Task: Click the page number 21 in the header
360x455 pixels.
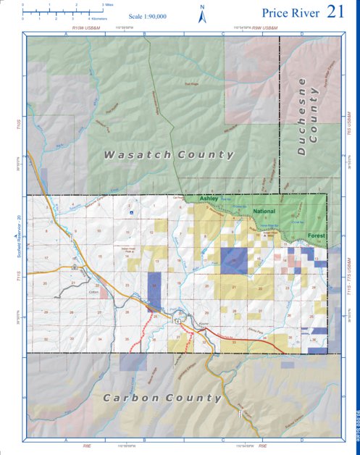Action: coord(335,12)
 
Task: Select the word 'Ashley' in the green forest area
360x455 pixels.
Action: coord(209,198)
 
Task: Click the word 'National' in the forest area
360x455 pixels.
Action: coord(266,212)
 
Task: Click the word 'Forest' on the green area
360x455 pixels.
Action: coord(316,235)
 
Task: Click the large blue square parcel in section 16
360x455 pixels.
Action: coord(233,261)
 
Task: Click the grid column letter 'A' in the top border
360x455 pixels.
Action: coord(66,34)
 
